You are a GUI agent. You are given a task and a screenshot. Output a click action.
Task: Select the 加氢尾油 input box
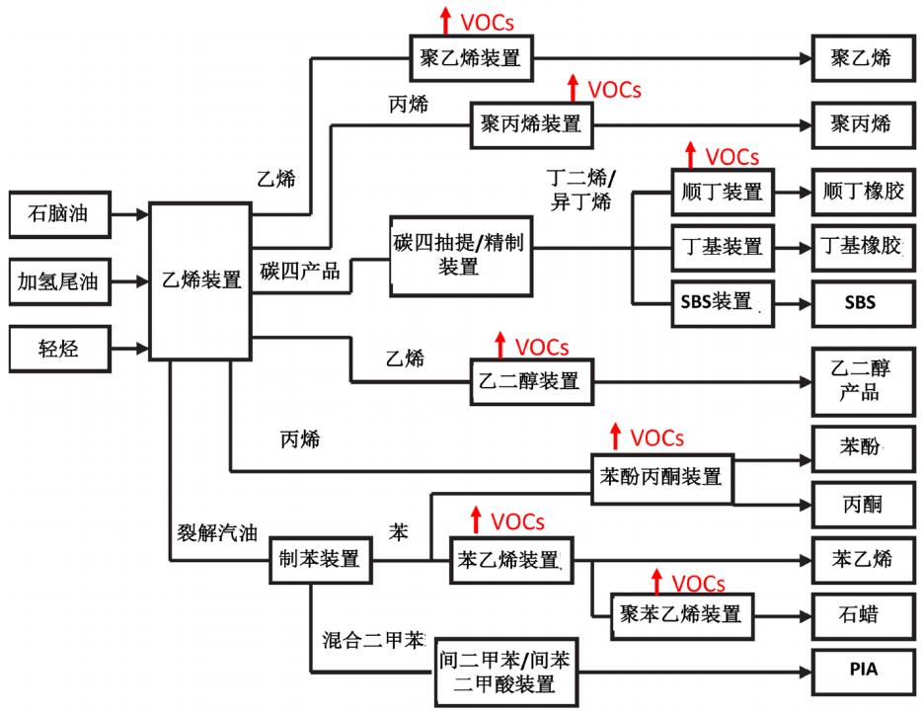click(58, 281)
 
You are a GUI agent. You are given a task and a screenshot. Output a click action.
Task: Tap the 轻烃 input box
click(58, 348)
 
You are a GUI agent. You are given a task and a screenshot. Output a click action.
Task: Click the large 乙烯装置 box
click(200, 279)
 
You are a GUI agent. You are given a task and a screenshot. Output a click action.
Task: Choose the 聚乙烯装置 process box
click(472, 58)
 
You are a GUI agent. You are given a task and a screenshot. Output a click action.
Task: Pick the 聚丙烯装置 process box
click(531, 124)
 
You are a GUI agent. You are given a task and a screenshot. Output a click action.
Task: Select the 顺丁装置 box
click(723, 193)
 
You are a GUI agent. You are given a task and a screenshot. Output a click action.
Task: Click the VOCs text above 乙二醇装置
click(542, 347)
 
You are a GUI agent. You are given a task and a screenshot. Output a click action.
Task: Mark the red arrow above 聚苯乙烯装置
click(655, 582)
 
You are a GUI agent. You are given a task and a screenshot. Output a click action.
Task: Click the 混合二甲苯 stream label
click(370, 639)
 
